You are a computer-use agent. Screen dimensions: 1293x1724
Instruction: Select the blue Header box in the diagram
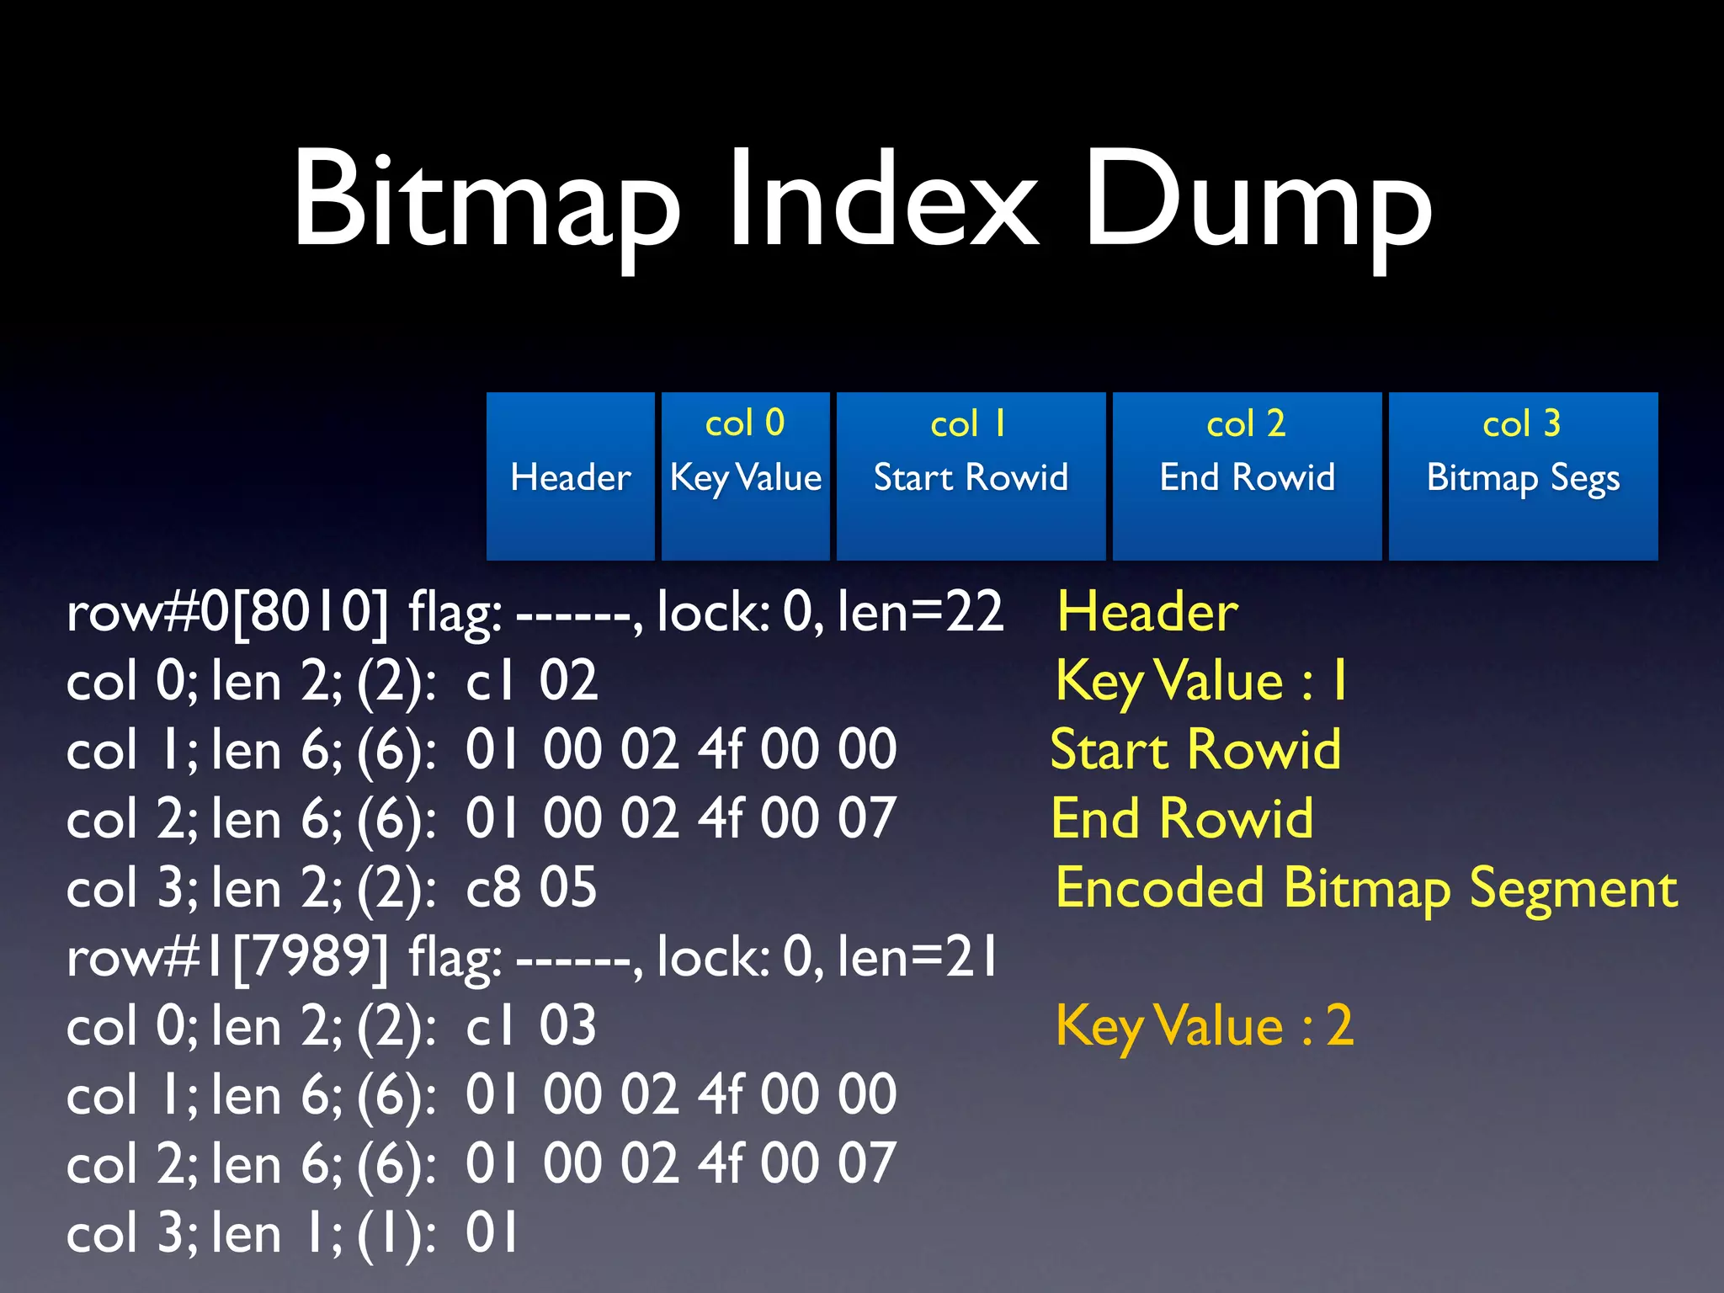[571, 476]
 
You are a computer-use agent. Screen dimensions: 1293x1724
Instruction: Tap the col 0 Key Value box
[746, 476]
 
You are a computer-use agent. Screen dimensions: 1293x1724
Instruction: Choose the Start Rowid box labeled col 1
[971, 476]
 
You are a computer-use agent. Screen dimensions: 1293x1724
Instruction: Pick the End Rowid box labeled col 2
[1247, 476]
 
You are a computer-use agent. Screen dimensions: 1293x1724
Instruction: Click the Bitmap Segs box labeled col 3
[1523, 476]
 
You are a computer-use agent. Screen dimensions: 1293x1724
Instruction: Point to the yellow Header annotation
[1147, 611]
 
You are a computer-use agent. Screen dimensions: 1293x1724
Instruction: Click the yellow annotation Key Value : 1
[1201, 680]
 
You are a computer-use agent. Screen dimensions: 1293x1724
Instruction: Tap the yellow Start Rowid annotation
[1195, 749]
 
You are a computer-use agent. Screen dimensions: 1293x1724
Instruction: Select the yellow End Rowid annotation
[1182, 818]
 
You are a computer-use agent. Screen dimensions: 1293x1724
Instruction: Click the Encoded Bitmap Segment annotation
[1366, 887]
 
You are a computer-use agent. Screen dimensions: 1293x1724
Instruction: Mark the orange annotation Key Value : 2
[1205, 1025]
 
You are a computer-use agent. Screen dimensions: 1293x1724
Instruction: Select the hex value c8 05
[531, 887]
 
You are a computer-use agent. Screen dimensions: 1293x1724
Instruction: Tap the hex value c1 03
[531, 1025]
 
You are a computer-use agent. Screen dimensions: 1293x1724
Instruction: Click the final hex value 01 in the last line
[492, 1232]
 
